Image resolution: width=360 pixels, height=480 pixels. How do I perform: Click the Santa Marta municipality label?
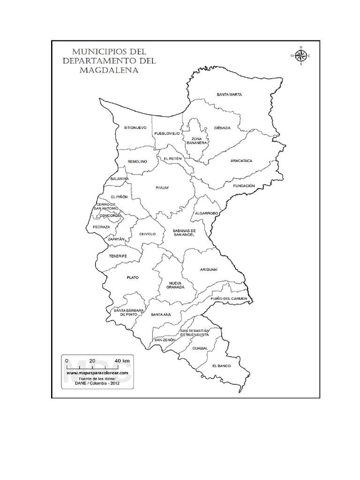click(229, 95)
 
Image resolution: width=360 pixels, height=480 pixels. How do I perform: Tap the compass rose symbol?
click(300, 56)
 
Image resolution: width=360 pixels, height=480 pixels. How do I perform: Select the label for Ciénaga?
click(222, 128)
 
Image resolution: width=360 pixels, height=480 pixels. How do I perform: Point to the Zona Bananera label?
click(196, 141)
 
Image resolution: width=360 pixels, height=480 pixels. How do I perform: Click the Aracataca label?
click(241, 161)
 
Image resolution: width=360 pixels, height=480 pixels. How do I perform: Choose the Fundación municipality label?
click(244, 186)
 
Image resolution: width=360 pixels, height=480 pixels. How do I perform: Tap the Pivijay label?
click(162, 187)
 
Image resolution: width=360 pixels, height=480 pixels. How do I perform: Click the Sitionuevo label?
click(135, 127)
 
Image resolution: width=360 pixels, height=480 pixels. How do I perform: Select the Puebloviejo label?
click(167, 134)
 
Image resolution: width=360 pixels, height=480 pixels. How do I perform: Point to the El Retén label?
click(172, 159)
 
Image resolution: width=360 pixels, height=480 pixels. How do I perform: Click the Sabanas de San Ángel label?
click(184, 233)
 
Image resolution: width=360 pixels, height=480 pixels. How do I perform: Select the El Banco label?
click(221, 365)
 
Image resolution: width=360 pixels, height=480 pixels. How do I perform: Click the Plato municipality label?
click(133, 277)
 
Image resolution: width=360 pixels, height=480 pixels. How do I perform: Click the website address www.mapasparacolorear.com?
click(97, 373)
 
